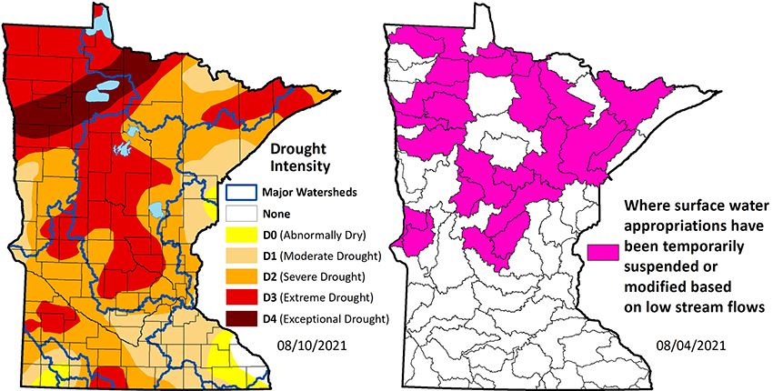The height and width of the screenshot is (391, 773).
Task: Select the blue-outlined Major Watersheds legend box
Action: tap(240, 193)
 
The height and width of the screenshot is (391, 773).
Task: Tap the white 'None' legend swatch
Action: tap(240, 215)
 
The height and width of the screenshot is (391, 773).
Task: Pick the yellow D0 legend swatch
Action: tap(240, 236)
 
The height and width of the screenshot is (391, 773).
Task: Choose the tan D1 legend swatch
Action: tap(240, 256)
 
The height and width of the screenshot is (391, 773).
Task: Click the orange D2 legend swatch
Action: tap(240, 276)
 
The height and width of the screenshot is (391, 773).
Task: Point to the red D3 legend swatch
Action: tap(240, 297)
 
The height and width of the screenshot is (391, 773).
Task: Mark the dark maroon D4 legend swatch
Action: tap(240, 318)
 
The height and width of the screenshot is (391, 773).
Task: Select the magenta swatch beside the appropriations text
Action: tap(605, 251)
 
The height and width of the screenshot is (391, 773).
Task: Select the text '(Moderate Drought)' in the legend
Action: tap(329, 256)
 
